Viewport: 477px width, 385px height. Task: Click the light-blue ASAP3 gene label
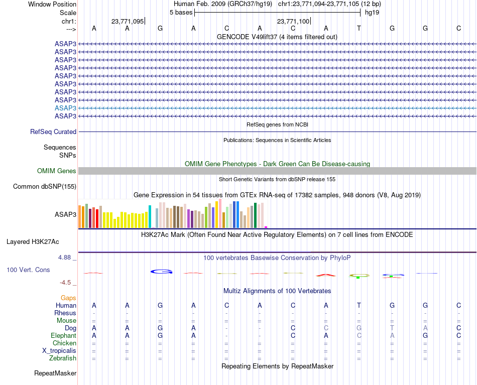[65, 108]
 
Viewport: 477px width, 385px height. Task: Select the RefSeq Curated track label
[53, 132]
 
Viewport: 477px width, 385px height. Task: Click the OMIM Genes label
[57, 171]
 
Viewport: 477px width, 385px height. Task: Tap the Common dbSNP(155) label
[44, 187]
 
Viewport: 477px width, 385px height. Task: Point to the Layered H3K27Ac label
[41, 241]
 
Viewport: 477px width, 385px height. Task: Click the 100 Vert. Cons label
[28, 270]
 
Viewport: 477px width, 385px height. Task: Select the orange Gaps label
[68, 298]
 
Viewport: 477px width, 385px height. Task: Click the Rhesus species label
[65, 313]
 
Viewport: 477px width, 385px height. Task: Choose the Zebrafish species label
[63, 358]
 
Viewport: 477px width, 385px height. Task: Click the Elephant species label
[63, 335]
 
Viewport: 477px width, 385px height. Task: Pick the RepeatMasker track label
[55, 373]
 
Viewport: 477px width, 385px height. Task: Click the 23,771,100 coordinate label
[293, 21]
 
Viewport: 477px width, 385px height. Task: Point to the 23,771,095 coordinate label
[128, 21]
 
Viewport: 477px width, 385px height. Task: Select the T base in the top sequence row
[359, 28]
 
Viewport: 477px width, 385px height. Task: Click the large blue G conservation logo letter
[161, 272]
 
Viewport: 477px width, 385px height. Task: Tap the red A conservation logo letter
[326, 275]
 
